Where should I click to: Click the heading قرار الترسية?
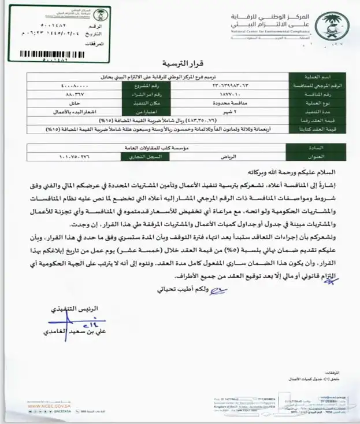[180, 63]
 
